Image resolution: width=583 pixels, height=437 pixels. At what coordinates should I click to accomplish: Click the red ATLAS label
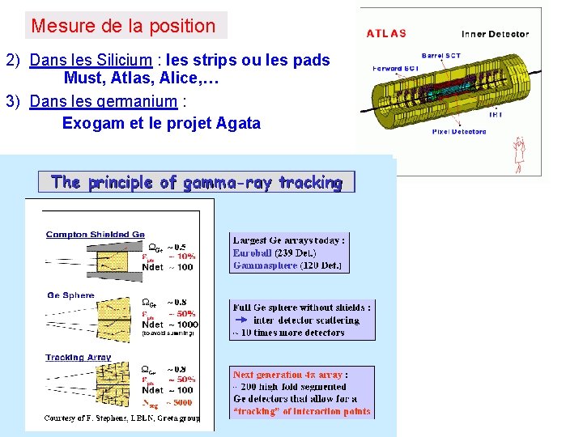click(x=386, y=34)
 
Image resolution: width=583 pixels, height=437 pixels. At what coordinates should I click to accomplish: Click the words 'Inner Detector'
click(x=495, y=34)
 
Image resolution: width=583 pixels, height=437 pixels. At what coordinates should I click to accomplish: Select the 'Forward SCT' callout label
click(x=395, y=68)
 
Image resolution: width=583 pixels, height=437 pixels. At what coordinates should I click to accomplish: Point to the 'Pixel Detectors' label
click(x=459, y=130)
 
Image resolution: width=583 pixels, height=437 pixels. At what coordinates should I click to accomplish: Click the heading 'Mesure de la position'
click(x=123, y=26)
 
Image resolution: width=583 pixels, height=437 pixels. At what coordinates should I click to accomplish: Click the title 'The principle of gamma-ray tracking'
click(x=196, y=182)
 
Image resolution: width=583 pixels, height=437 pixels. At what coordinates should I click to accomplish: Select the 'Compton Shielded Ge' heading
click(x=95, y=235)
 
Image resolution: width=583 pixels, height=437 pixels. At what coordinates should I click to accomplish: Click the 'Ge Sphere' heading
click(x=70, y=295)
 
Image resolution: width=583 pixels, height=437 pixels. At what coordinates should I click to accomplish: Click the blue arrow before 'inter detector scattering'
click(x=240, y=320)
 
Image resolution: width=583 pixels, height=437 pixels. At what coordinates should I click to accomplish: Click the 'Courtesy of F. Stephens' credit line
click(x=113, y=418)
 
